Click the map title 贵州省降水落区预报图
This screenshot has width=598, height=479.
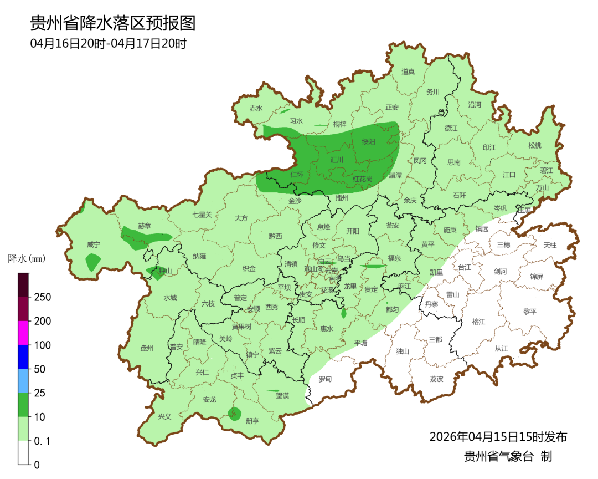(113, 24)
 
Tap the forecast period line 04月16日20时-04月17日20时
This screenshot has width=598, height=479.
(108, 43)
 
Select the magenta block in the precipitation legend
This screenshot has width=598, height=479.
(23, 333)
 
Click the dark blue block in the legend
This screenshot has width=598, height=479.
(23, 356)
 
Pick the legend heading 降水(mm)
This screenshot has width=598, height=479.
(27, 258)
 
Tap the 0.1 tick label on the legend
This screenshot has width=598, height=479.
(42, 441)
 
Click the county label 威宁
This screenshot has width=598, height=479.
(94, 244)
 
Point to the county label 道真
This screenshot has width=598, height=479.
(408, 72)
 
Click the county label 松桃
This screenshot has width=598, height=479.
(534, 146)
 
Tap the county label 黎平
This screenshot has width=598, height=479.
(530, 312)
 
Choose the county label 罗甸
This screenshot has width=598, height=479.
(325, 379)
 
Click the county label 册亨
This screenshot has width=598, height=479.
(252, 421)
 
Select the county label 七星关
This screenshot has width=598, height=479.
(202, 215)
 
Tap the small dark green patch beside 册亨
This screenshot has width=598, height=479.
(235, 412)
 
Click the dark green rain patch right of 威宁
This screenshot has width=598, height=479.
(92, 261)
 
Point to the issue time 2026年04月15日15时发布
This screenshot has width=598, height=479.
(498, 437)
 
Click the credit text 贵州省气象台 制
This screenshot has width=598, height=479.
(508, 456)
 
